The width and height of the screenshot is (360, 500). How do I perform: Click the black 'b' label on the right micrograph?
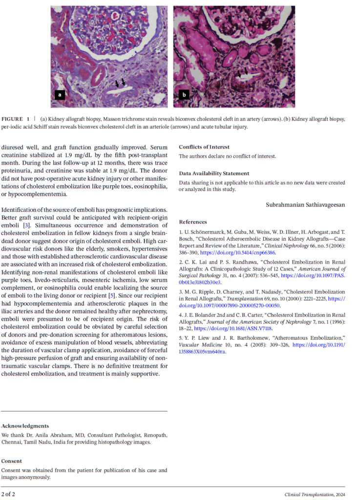tap(184, 95)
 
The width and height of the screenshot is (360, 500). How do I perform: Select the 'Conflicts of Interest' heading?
tap(204, 147)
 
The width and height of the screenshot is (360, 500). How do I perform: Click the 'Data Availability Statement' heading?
tap(214, 173)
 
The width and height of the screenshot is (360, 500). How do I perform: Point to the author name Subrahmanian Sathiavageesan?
tap(305, 205)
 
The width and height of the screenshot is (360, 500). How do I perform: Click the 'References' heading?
tap(192, 222)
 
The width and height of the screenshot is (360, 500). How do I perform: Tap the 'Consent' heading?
tap(12, 461)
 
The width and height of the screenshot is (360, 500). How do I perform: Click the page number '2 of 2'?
tap(8, 494)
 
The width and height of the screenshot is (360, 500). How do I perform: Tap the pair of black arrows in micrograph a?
tap(120, 83)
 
